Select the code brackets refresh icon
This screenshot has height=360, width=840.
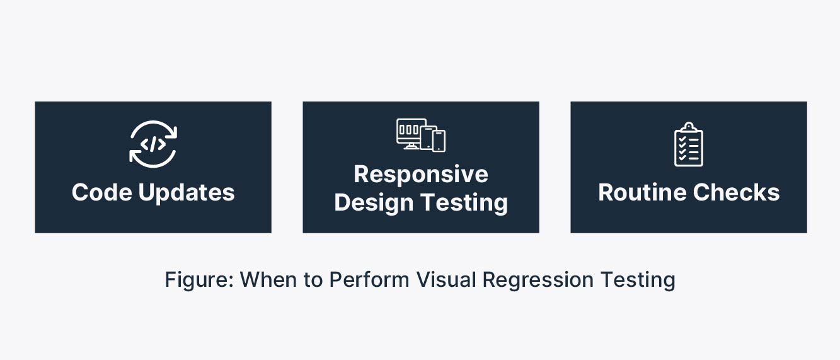153,144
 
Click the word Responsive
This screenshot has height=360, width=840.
421,174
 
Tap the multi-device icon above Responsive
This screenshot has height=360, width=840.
421,135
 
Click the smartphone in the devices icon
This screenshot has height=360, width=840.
439,141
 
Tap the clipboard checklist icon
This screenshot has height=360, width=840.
689,144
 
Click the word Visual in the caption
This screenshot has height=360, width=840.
446,279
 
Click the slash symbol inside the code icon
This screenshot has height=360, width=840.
153,144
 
